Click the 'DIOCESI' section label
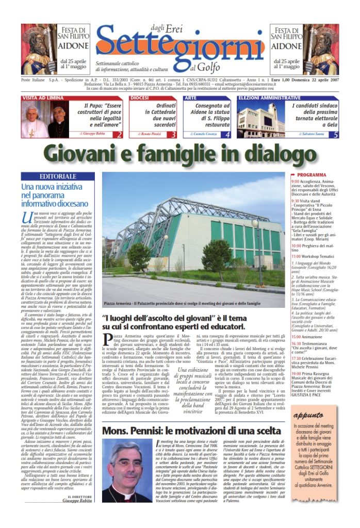pyautogui.click(x=140, y=97)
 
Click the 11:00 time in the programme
pyautogui.click(x=297, y=256)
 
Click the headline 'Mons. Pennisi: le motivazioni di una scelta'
pyautogui.click(x=191, y=430)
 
